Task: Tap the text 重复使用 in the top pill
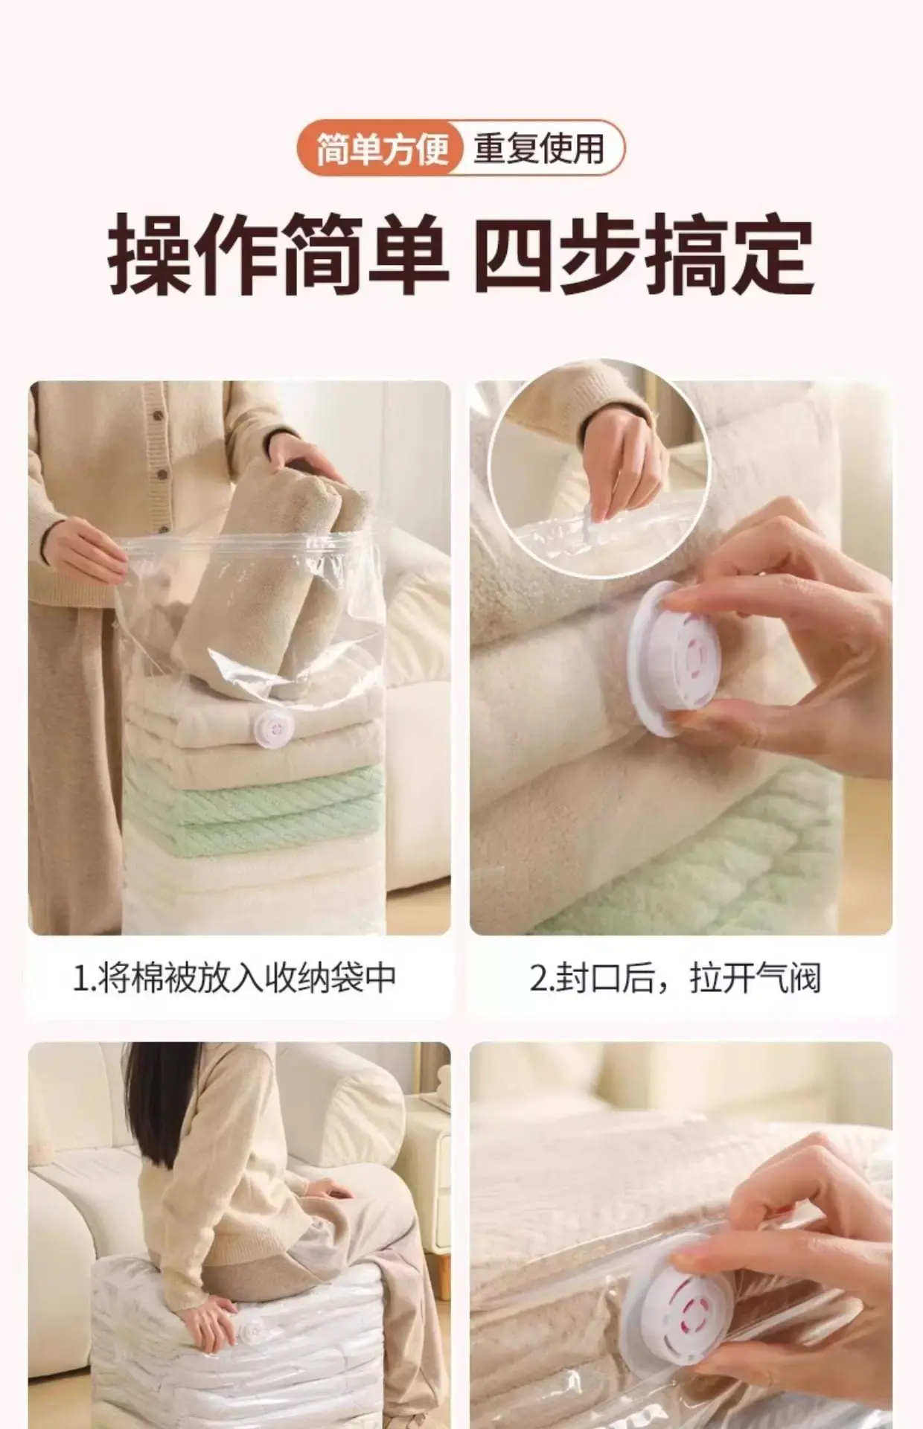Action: tap(539, 147)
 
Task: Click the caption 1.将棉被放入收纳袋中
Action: tap(234, 977)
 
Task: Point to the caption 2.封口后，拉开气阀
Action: tap(676, 977)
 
